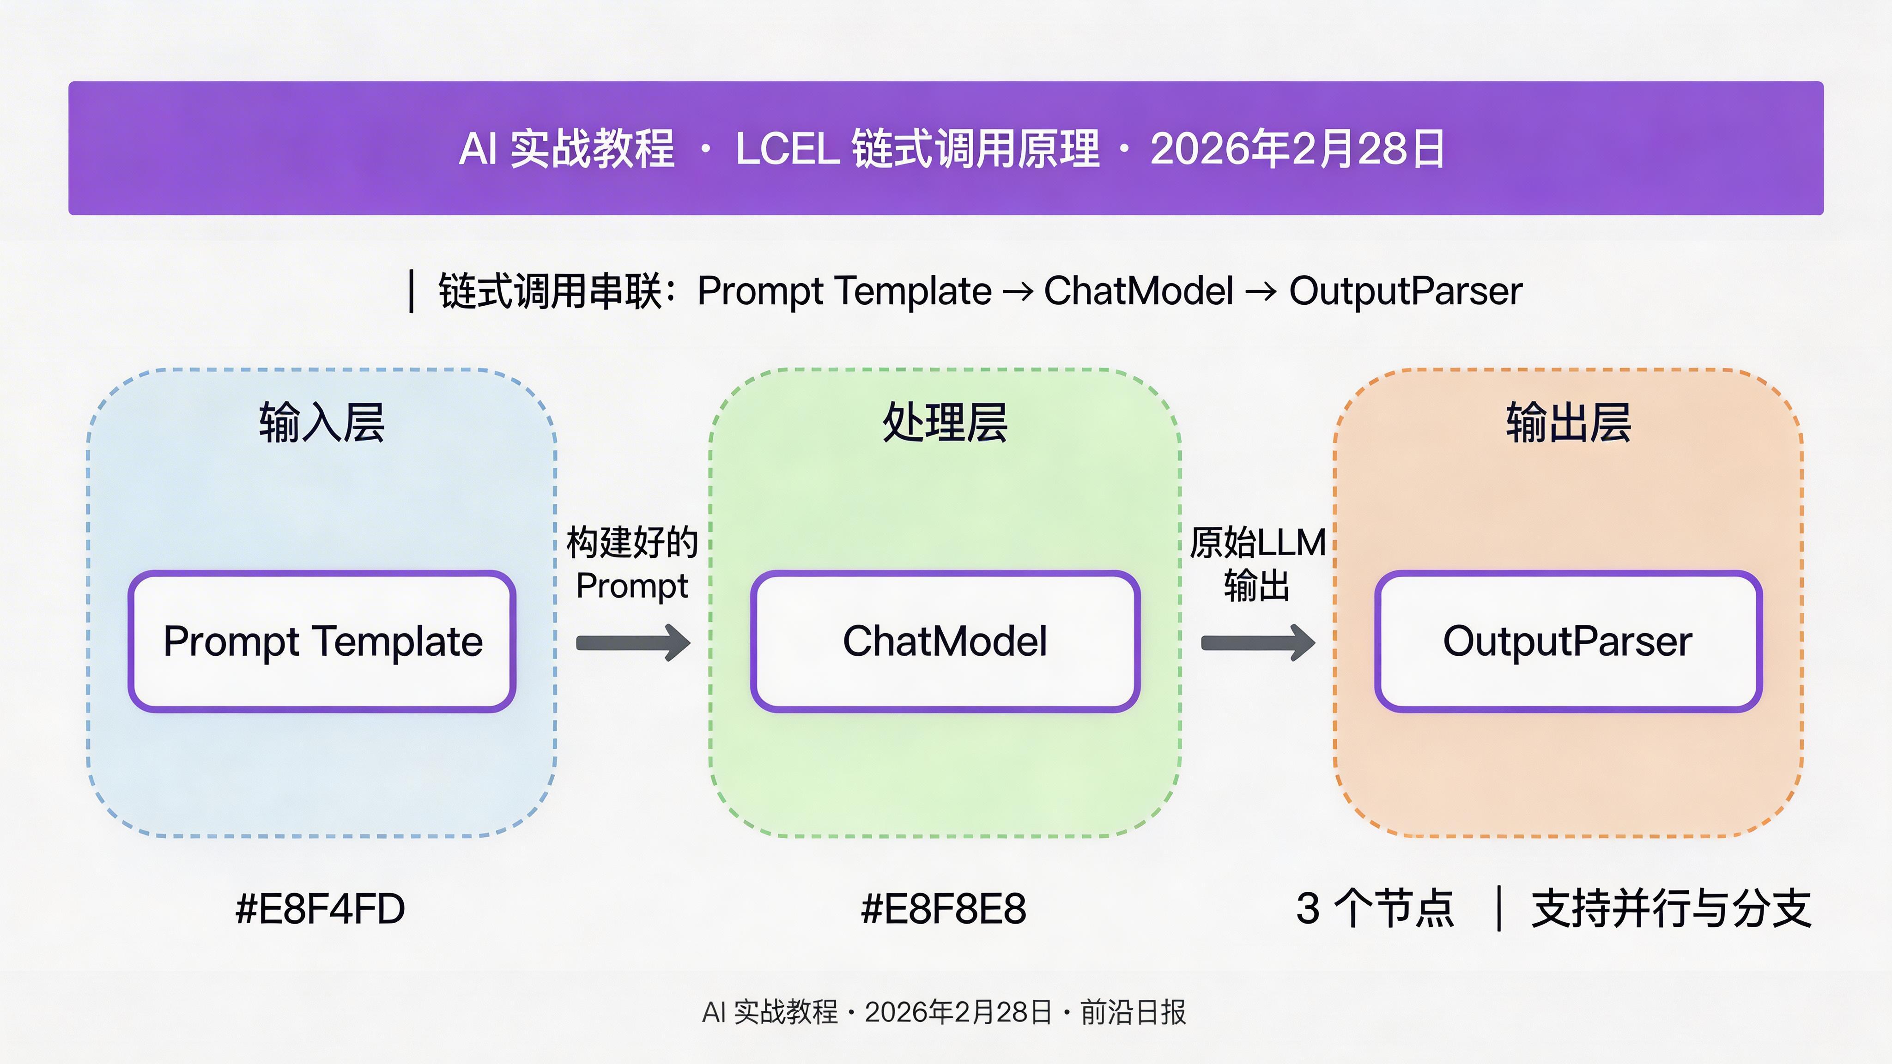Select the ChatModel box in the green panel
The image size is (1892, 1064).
[x=945, y=641]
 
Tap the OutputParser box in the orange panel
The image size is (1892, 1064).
[x=1568, y=641]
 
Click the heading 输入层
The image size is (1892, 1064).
[x=321, y=423]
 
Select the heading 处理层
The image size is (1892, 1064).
[x=945, y=423]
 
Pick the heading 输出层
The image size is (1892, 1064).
[x=1568, y=423]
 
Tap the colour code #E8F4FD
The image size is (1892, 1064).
[x=320, y=908]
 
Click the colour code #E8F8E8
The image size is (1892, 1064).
[x=944, y=908]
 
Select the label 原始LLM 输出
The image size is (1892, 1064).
[x=1257, y=564]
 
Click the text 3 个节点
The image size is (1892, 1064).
[x=1375, y=908]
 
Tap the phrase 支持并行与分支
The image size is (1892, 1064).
[x=1671, y=908]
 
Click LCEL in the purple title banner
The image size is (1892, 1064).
[x=788, y=149]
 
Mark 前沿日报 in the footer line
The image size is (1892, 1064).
[x=1133, y=1012]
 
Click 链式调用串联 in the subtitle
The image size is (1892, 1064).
[x=551, y=291]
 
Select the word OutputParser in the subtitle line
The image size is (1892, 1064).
[x=1406, y=291]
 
